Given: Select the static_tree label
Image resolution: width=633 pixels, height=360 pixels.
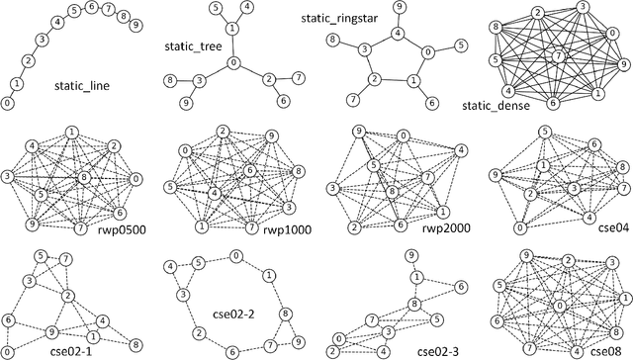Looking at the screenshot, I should pos(191,46).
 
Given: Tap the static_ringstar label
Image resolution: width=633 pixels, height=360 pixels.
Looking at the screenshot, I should pos(339,17).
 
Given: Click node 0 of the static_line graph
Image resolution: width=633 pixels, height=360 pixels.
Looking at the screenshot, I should pos(8,102).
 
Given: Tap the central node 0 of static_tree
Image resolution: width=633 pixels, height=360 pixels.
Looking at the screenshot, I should pos(233,63).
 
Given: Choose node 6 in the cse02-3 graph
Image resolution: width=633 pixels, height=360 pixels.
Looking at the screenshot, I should pos(461,286).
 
